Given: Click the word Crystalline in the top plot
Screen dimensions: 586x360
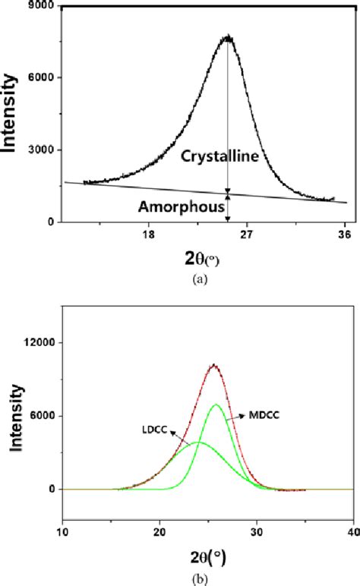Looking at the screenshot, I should coord(219,156).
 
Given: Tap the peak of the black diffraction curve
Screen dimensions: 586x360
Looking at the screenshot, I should coord(228,36).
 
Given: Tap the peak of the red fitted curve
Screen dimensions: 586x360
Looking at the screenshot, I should coord(214,365).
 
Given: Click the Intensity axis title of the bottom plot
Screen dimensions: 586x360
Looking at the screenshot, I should coord(13,416).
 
